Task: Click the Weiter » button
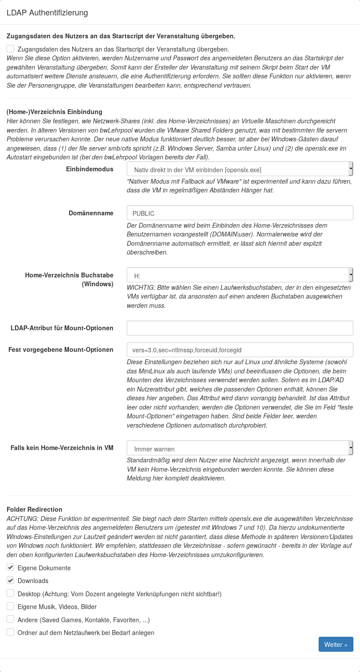click(335, 644)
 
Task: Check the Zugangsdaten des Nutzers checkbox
click(11, 49)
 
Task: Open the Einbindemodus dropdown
click(240, 169)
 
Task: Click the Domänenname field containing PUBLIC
click(240, 213)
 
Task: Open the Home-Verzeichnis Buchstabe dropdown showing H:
click(240, 276)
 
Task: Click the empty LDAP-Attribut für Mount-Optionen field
click(240, 328)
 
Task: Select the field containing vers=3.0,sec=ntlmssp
click(240, 350)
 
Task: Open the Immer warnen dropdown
click(240, 449)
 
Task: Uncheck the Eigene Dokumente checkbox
click(11, 567)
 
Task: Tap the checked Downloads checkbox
click(11, 580)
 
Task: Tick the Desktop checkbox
click(11, 593)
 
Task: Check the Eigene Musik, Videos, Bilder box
click(11, 606)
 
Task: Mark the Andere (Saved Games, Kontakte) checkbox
click(11, 619)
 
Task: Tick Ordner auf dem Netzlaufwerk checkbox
click(11, 632)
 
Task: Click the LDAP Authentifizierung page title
click(47, 13)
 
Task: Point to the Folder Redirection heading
click(34, 510)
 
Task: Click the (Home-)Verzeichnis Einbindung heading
click(54, 112)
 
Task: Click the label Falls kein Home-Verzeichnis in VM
click(62, 448)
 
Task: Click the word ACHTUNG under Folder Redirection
click(20, 518)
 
